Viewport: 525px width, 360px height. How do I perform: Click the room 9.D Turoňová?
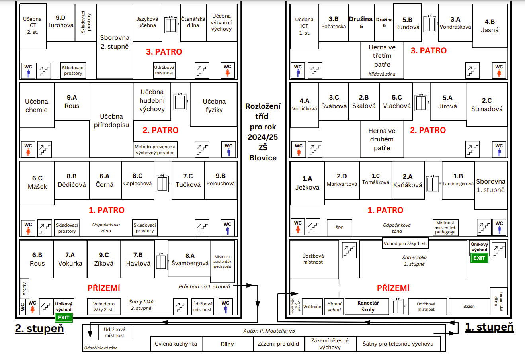[x=61, y=23]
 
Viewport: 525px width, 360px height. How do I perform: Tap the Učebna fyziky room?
[x=214, y=105]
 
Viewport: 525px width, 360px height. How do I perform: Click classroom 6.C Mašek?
[x=37, y=183]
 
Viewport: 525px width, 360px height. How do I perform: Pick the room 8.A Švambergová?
[x=189, y=259]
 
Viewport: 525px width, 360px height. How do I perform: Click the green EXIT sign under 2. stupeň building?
[x=64, y=317]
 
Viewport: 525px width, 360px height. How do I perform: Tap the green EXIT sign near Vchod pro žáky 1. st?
[x=479, y=258]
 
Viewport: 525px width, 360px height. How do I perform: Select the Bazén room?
[x=469, y=307]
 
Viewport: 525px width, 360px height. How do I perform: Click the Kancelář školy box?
[x=367, y=306]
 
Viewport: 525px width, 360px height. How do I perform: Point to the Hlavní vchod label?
[x=334, y=307]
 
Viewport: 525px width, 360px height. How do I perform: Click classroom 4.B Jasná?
[x=490, y=26]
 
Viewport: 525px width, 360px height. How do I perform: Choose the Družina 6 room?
[x=384, y=23]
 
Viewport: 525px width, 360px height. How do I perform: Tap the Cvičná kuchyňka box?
[x=176, y=344]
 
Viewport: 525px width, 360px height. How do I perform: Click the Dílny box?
[x=227, y=344]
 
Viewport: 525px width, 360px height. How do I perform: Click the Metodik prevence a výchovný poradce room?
[x=155, y=149]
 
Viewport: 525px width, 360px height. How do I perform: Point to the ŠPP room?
[x=340, y=227]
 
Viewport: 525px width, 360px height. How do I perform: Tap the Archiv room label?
[x=24, y=288]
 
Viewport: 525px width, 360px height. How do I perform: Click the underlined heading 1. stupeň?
[x=489, y=327]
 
